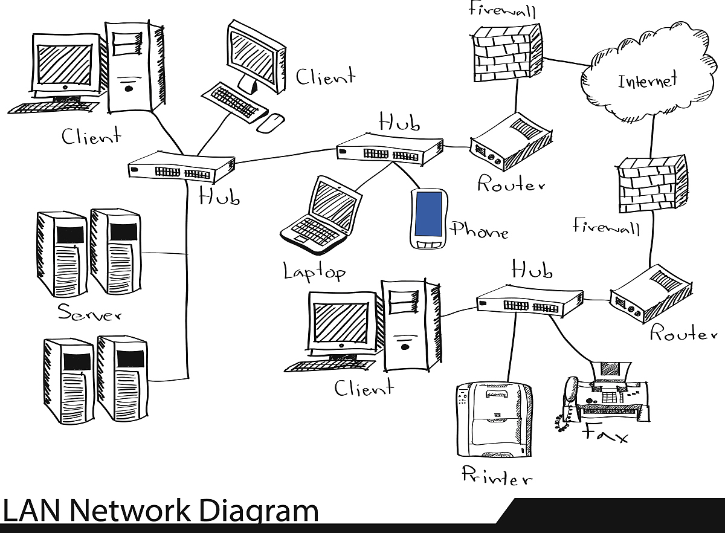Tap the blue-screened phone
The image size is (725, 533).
point(428,218)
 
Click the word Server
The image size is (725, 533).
point(89,313)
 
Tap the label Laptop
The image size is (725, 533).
point(314,271)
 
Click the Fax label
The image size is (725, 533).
point(605,433)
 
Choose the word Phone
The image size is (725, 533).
point(479,230)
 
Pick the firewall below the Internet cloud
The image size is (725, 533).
point(652,185)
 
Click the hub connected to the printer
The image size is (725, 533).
point(530,300)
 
